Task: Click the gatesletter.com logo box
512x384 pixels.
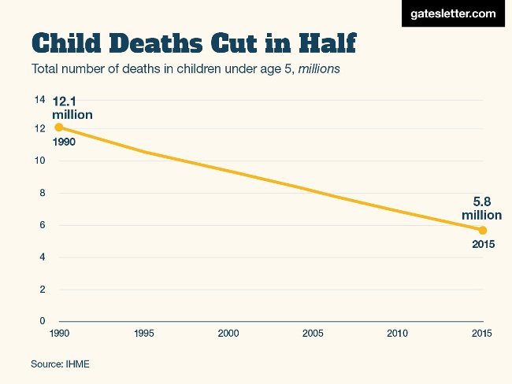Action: (452, 14)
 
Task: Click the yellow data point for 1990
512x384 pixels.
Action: (58, 127)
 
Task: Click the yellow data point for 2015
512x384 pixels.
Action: (483, 230)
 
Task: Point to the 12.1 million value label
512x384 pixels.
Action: (72, 108)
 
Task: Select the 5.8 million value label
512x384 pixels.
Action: (481, 208)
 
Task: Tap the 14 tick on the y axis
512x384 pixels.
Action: (39, 99)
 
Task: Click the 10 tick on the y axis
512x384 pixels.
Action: (39, 161)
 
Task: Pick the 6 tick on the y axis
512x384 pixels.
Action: (42, 225)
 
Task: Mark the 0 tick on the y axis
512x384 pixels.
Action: (42, 321)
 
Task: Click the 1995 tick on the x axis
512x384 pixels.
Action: (143, 334)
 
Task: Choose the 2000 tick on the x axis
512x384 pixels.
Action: (228, 334)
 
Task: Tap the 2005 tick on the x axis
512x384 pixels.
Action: (313, 334)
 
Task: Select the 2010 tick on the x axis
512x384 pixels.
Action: (398, 334)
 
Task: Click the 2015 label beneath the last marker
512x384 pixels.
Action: (483, 245)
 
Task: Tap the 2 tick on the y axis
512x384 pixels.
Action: (42, 290)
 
